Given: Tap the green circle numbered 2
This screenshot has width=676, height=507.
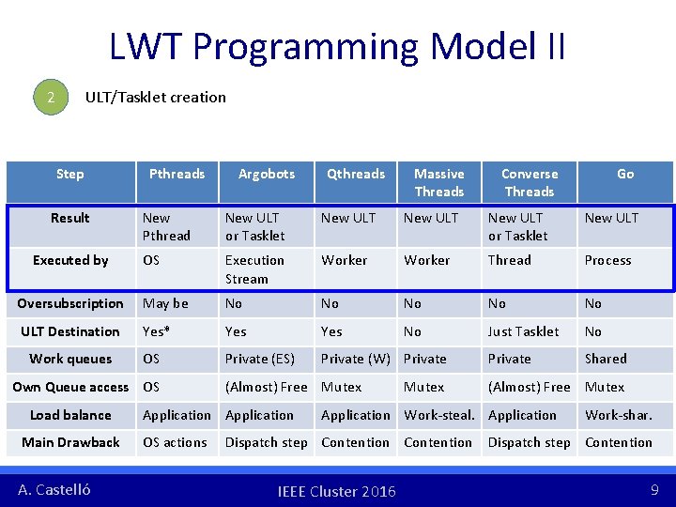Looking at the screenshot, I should [53, 98].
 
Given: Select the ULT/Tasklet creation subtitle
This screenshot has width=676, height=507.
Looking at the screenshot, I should [156, 97].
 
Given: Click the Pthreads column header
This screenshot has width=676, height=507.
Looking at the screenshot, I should [177, 174].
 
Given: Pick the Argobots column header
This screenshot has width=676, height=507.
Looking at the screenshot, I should [267, 174].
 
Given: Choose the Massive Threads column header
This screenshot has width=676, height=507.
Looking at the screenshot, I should [439, 182].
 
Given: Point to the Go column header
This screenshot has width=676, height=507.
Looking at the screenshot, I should [625, 174].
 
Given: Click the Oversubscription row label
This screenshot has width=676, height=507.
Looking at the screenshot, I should [70, 303].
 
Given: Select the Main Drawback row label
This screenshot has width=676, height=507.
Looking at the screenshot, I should [70, 442].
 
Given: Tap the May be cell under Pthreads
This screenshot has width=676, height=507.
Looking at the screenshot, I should [165, 303].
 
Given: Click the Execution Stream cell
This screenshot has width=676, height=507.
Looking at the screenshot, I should [254, 269].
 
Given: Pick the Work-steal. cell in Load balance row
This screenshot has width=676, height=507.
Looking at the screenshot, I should [439, 415].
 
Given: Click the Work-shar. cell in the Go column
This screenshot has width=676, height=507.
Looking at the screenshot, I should [618, 415].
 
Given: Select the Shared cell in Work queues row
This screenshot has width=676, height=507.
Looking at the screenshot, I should [606, 359].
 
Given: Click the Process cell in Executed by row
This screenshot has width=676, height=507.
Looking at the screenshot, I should [607, 260].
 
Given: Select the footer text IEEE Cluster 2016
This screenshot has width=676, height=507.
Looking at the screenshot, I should [337, 491].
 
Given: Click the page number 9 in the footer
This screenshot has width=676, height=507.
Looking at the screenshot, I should [653, 489].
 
